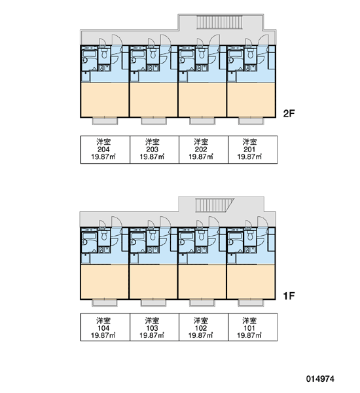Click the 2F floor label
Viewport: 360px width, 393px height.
pos(289,113)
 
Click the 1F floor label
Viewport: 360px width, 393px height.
pos(289,296)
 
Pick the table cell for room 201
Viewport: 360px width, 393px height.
pos(253,149)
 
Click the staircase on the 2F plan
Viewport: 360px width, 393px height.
pos(220,22)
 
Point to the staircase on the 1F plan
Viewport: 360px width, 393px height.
pos(215,205)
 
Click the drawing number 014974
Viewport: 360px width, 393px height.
pos(320,379)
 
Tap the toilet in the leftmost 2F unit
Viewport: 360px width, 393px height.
pos(104,53)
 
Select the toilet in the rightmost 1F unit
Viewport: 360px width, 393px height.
pos(250,235)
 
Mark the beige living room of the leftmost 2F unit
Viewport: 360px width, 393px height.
pos(105,100)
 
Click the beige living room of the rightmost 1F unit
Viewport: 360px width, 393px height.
pos(251,282)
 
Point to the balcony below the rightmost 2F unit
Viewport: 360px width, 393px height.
pos(251,121)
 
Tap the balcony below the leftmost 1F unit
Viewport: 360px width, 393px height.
pos(105,303)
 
